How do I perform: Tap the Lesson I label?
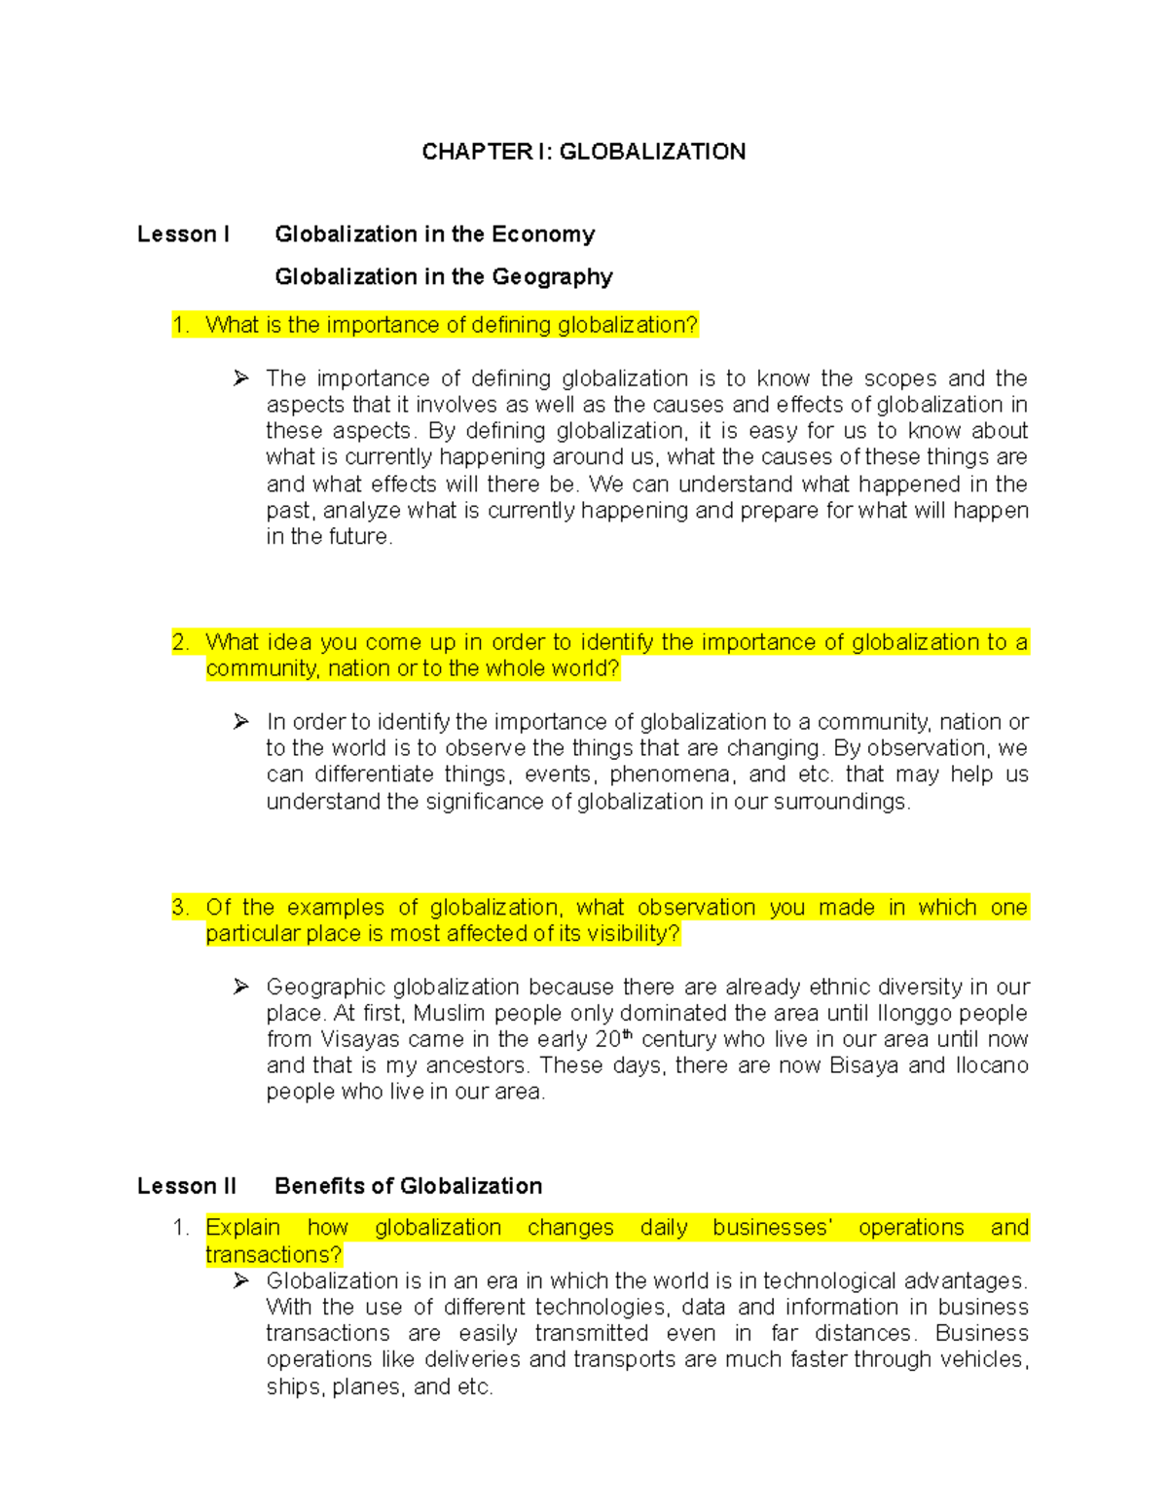coord(183,234)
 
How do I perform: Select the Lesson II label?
coord(186,1186)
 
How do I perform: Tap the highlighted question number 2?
coord(180,642)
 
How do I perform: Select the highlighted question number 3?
coord(180,908)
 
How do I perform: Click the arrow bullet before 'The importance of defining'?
coord(241,378)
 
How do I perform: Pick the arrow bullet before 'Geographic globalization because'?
coord(241,988)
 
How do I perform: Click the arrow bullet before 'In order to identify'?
coord(241,722)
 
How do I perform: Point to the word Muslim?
coord(450,1014)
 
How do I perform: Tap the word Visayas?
coord(360,1040)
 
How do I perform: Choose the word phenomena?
coord(670,775)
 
